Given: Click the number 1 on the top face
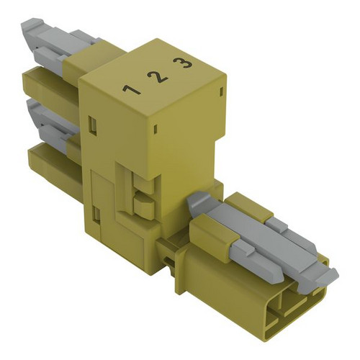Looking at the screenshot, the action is [x=131, y=90].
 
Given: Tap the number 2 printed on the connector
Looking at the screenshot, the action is [x=158, y=77].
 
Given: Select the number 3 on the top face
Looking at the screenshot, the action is [x=183, y=63].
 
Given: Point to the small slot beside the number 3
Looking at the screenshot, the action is [x=221, y=92].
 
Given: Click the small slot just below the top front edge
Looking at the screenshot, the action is [x=156, y=128].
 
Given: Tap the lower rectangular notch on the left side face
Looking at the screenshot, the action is [x=96, y=214].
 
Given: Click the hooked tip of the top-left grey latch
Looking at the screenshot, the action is [x=31, y=23].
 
